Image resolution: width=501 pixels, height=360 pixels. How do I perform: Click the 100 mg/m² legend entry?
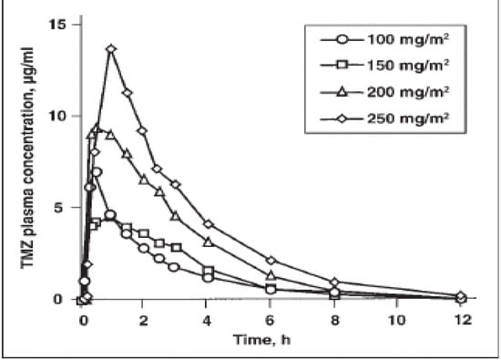tap(387, 40)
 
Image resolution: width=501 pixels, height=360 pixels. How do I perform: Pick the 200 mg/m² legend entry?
tap(387, 91)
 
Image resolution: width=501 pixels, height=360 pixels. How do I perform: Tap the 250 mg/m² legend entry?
tap(387, 117)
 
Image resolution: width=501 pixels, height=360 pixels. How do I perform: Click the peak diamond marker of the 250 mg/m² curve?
tap(112, 49)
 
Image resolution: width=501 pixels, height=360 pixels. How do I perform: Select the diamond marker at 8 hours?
tap(334, 283)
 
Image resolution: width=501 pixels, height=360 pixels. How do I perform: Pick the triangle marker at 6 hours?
tap(271, 275)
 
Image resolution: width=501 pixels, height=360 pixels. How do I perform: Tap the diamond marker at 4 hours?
tap(208, 224)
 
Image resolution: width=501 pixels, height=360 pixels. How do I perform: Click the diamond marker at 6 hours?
tap(271, 261)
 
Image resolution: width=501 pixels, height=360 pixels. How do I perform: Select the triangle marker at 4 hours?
tap(208, 242)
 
